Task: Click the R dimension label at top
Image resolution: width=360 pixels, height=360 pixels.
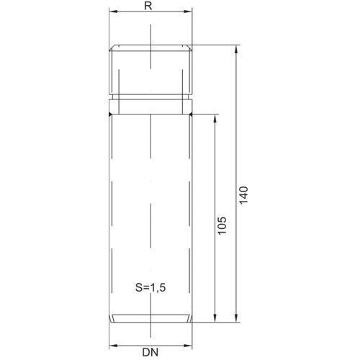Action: (x=148, y=6)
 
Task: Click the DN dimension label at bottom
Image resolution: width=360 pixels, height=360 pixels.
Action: (x=150, y=352)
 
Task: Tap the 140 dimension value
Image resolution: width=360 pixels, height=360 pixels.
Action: (x=243, y=195)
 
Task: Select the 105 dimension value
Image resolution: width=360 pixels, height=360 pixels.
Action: (x=222, y=225)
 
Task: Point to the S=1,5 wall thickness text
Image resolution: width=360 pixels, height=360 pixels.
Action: (x=150, y=287)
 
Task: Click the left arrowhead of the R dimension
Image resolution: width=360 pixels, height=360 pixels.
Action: (x=114, y=12)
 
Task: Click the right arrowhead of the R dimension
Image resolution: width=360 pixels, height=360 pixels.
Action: (x=188, y=12)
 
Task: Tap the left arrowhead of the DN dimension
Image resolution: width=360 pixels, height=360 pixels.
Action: (x=114, y=346)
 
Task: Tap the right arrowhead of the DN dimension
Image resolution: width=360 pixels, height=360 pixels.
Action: (x=188, y=346)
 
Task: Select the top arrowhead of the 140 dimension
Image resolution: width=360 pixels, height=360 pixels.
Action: (x=236, y=49)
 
